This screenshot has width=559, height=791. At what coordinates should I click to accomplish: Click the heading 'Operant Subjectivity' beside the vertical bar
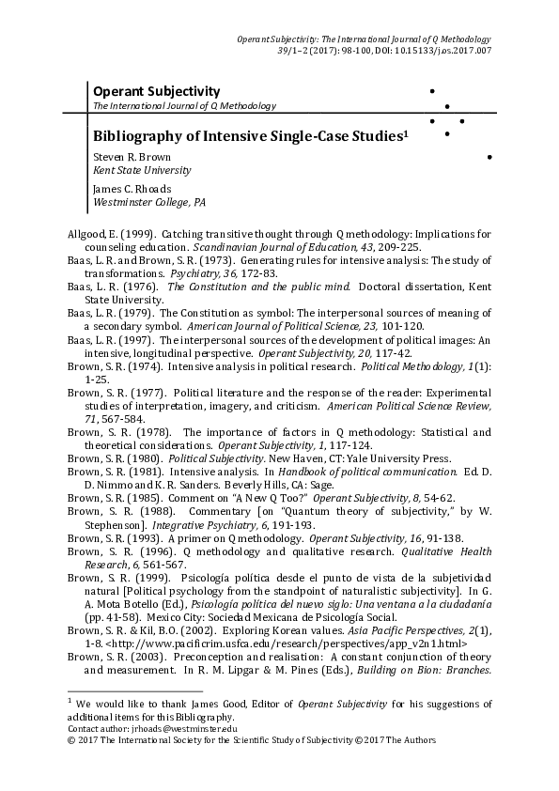155,91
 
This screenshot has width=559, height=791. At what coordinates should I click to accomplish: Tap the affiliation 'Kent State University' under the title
141,170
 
